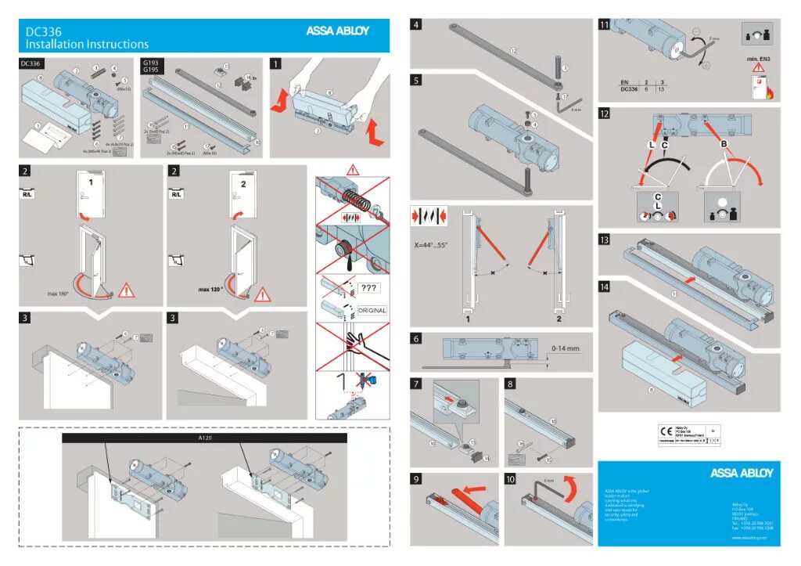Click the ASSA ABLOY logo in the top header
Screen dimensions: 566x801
pyautogui.click(x=337, y=31)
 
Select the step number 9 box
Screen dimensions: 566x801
pyautogui.click(x=418, y=478)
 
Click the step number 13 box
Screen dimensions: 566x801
pyautogui.click(x=605, y=240)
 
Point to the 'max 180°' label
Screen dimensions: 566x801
pyautogui.click(x=59, y=294)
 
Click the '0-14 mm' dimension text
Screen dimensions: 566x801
pyautogui.click(x=565, y=348)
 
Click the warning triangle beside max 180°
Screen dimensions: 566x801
pyautogui.click(x=128, y=291)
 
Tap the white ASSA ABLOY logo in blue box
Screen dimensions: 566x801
pyautogui.click(x=741, y=473)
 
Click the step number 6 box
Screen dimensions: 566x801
pyautogui.click(x=418, y=339)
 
